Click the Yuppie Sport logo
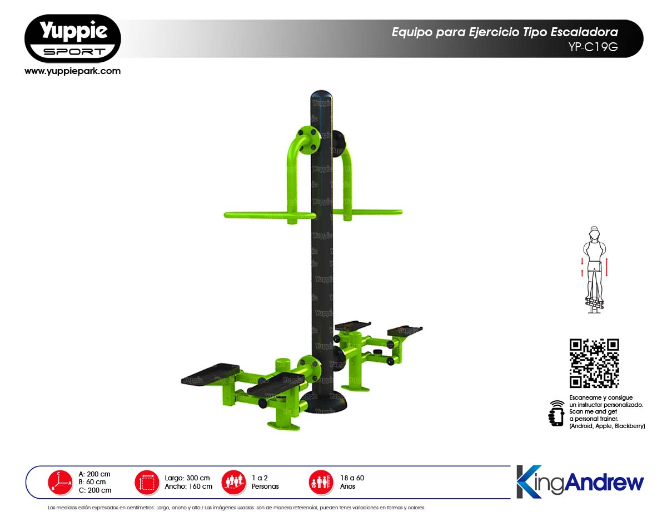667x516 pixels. [x=72, y=38]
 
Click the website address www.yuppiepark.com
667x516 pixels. [x=72, y=71]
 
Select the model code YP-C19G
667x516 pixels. [x=593, y=47]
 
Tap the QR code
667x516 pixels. [x=594, y=363]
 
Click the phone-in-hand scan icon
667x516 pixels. [x=556, y=413]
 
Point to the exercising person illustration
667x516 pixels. [x=594, y=269]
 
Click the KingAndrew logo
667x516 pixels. [x=580, y=481]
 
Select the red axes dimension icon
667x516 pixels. [x=60, y=483]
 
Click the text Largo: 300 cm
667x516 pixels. [x=187, y=478]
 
